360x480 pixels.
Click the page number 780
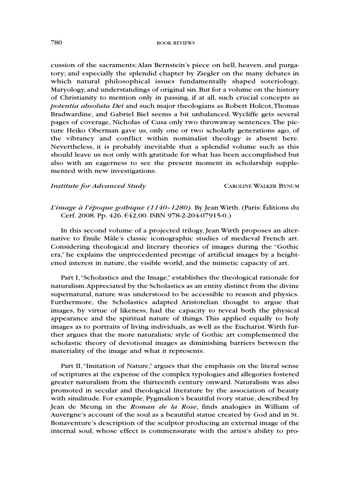[x=57, y=43]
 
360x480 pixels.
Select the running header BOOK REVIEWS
[x=175, y=43]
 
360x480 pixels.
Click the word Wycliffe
[x=256, y=116]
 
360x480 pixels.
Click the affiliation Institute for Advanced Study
[x=98, y=186]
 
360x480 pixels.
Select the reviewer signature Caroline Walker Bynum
[x=262, y=186]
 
